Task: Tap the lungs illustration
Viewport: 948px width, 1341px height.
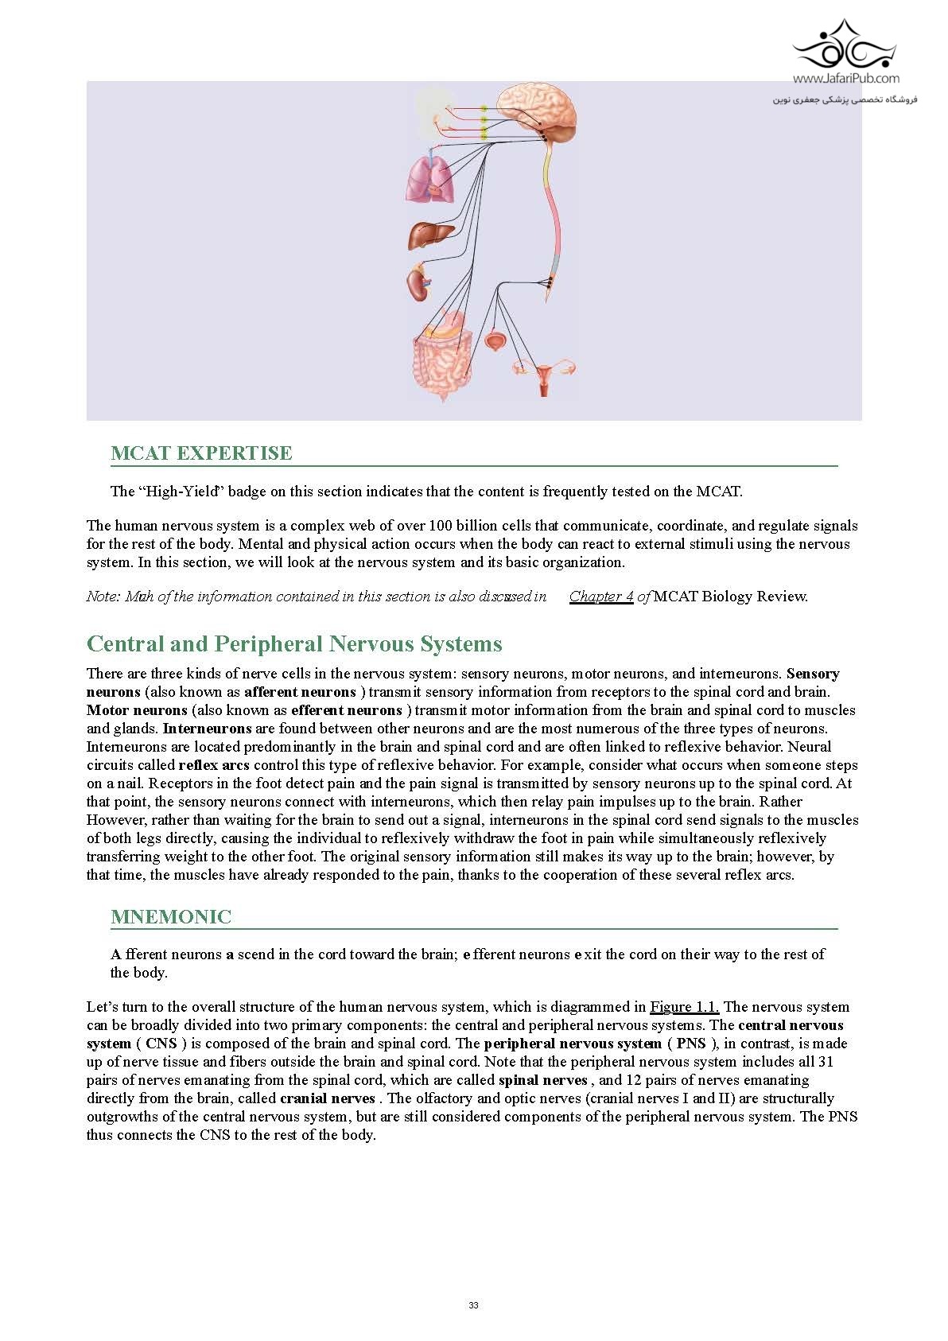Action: click(430, 179)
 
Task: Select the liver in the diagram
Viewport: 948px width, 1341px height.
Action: click(430, 235)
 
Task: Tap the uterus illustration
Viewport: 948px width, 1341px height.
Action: click(544, 375)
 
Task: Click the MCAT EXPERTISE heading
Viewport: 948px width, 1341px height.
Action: click(201, 453)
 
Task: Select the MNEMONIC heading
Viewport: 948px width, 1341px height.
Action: click(171, 917)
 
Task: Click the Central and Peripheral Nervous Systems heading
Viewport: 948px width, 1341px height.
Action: click(294, 643)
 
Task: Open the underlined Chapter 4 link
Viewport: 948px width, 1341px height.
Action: click(601, 597)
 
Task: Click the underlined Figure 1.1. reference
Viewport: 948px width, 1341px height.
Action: click(684, 1007)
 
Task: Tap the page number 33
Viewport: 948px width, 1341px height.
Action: click(474, 1305)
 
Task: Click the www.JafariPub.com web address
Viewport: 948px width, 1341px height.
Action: click(845, 78)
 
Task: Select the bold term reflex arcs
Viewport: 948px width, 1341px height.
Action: click(214, 765)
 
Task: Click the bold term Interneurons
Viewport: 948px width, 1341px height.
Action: click(207, 729)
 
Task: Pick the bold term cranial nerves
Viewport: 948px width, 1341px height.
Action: click(327, 1098)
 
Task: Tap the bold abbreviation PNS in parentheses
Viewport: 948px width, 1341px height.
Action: click(690, 1044)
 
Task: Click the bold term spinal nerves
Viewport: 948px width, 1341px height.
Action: click(542, 1080)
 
